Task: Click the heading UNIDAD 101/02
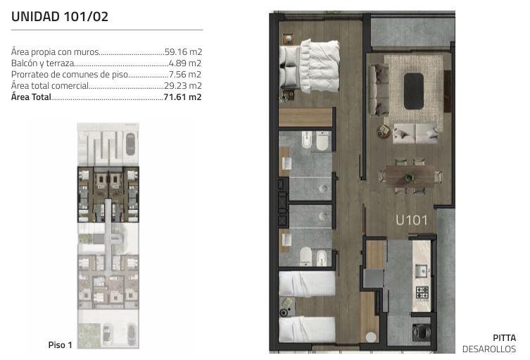tap(60, 17)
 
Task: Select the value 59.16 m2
tap(183, 51)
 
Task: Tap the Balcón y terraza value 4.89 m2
tap(184, 63)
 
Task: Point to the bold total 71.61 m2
tap(182, 97)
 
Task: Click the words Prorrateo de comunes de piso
tap(70, 75)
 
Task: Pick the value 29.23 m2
tap(183, 86)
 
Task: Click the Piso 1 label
tap(60, 345)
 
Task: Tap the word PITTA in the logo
tap(505, 337)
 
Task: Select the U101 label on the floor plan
tap(411, 221)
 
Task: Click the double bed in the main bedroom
tap(309, 66)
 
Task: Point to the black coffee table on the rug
tap(414, 91)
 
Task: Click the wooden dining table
tap(410, 176)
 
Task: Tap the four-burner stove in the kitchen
tap(422, 293)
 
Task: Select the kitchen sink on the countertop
tap(422, 271)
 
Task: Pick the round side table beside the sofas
tap(384, 131)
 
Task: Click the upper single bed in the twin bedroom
tap(307, 283)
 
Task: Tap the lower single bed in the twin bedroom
tap(307, 329)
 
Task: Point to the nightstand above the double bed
tap(288, 39)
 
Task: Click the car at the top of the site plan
tap(130, 144)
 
